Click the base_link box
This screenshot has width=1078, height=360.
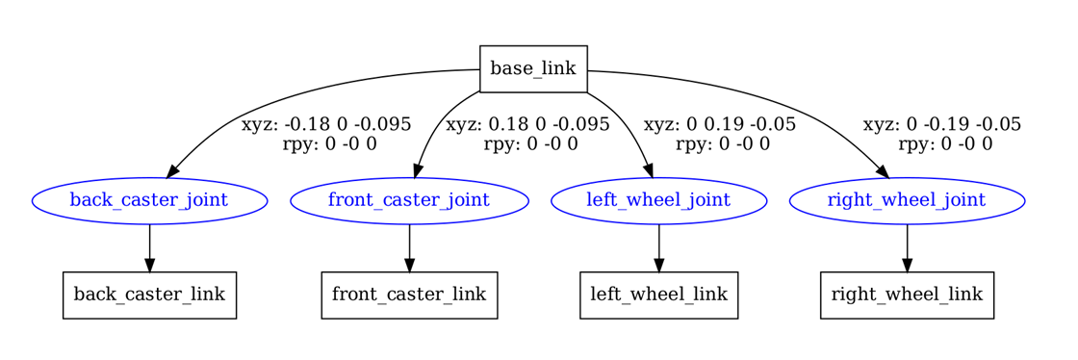pos(533,68)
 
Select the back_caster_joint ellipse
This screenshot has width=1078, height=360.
pos(149,200)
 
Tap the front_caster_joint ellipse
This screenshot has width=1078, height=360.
pos(409,200)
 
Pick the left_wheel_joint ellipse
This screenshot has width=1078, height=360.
pos(659,200)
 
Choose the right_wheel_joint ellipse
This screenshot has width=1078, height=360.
pos(907,200)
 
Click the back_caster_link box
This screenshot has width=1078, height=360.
pos(149,296)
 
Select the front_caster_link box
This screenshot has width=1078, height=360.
pos(409,296)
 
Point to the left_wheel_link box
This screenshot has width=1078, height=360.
pos(659,296)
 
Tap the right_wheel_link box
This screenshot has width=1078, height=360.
pos(907,296)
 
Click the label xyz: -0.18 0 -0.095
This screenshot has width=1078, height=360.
pos(326,125)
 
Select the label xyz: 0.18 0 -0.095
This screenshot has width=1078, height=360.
pos(527,125)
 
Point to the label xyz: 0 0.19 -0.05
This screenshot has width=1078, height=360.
pos(719,125)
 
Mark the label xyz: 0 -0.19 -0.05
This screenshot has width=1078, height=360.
pos(942,125)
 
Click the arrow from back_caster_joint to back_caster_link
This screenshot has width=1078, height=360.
pos(149,248)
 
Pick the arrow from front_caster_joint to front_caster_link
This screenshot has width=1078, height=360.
pos(409,248)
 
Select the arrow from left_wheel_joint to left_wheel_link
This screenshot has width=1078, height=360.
pos(659,248)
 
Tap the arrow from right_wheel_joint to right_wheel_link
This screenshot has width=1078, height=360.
pos(907,248)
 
